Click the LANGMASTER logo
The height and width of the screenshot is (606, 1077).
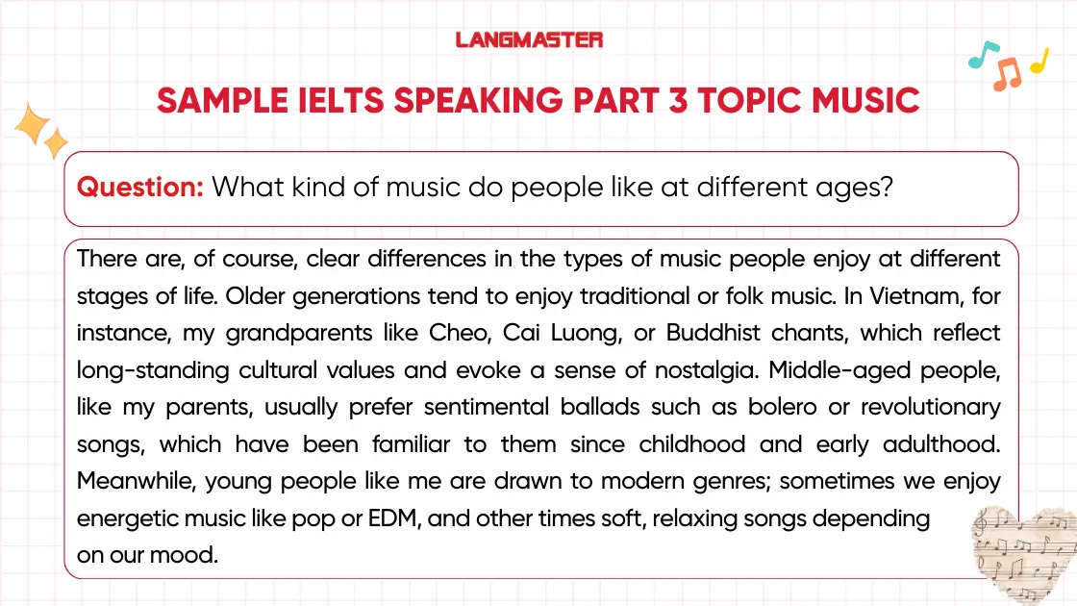[529, 39]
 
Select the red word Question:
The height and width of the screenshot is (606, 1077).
[139, 187]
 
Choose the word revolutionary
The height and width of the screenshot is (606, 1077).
[930, 407]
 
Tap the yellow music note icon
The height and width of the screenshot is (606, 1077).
[1039, 62]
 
